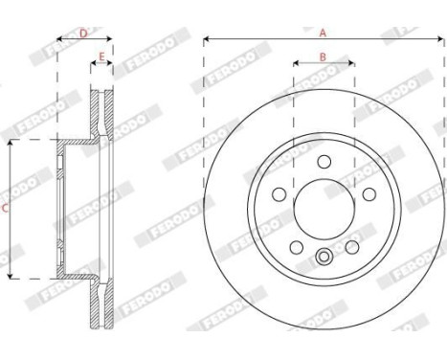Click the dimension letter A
(323, 32)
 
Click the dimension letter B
(323, 56)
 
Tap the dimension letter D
(83, 34)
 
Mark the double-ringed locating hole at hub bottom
(324, 255)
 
